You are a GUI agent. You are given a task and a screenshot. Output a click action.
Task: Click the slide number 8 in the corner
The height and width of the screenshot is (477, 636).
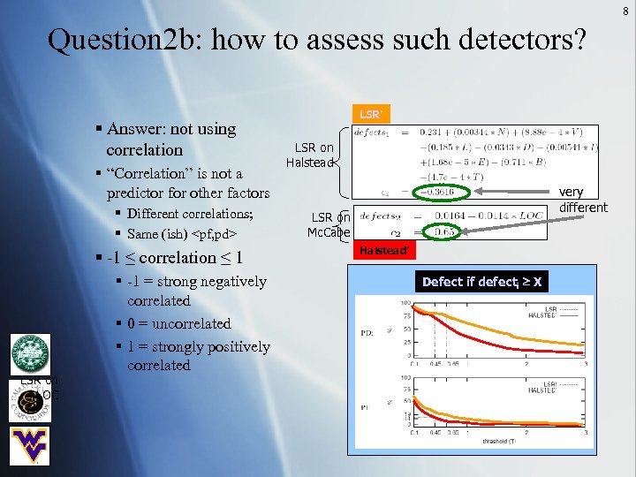click(625, 11)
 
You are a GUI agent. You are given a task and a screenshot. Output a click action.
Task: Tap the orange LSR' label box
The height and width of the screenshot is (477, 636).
click(370, 115)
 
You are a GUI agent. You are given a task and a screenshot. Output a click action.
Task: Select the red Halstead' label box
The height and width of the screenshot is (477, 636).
click(382, 251)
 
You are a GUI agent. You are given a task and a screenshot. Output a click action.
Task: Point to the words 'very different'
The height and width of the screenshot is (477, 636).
click(583, 200)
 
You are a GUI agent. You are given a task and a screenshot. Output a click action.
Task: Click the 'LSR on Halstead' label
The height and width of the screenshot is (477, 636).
click(311, 155)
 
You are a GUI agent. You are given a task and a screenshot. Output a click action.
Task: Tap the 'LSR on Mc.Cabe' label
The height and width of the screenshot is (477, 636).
click(329, 225)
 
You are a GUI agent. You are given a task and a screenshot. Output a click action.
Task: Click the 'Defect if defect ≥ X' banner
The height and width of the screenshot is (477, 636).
click(481, 282)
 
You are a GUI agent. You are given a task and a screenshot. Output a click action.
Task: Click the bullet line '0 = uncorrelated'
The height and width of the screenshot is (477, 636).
click(178, 323)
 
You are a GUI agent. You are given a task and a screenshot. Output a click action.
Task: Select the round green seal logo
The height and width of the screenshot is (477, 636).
click(29, 356)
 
